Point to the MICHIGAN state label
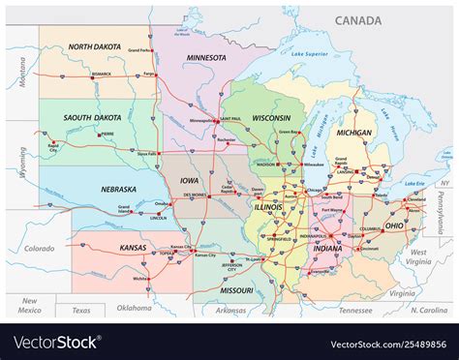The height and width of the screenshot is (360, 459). pos(354,133)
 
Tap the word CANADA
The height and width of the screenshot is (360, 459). pos(358,20)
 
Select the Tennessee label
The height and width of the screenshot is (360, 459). pos(356,310)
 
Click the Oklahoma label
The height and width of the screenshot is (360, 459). pos(134,309)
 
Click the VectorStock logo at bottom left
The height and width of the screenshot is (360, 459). pos(55,343)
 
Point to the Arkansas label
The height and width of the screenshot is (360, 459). pos(232,310)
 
